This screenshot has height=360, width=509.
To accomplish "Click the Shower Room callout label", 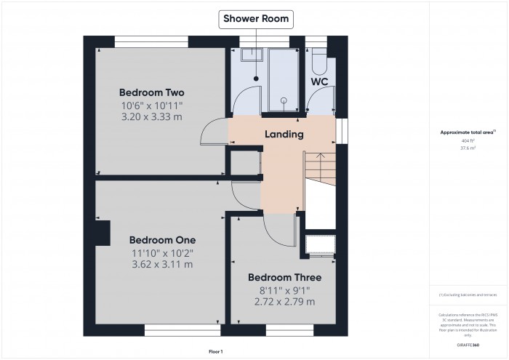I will (x=256, y=19).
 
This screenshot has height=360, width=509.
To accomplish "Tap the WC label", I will (x=319, y=82).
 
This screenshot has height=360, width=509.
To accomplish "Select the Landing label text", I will (x=284, y=135).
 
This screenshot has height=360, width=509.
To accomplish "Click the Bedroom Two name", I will (x=151, y=92).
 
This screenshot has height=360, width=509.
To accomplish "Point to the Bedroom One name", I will (x=162, y=239).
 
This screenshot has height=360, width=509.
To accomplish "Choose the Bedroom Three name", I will (x=284, y=277).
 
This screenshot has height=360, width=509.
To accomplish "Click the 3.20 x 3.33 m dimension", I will (x=151, y=117).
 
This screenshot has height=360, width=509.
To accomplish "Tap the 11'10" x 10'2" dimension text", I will (x=162, y=252).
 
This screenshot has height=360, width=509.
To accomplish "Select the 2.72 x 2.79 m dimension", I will (x=284, y=302).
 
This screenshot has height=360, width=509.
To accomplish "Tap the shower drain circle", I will (x=284, y=102).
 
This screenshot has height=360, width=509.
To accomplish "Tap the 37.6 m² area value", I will (x=468, y=148).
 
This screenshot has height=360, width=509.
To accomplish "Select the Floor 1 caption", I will (x=216, y=351).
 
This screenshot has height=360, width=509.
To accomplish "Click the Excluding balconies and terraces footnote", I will (x=468, y=295).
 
